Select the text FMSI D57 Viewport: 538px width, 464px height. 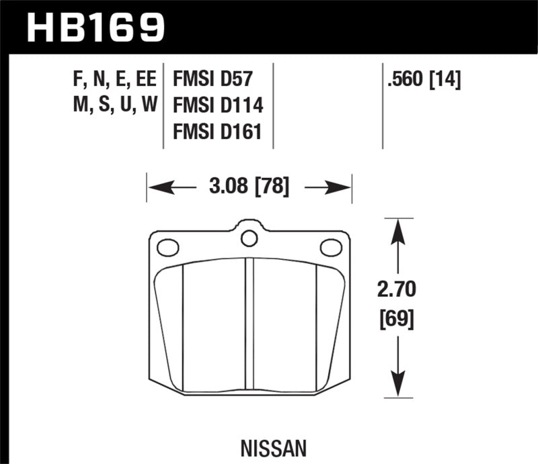point(212,81)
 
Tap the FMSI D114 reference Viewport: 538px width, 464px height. point(217,105)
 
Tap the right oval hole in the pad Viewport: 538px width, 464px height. point(330,248)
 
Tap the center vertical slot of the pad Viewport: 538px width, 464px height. point(249,322)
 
